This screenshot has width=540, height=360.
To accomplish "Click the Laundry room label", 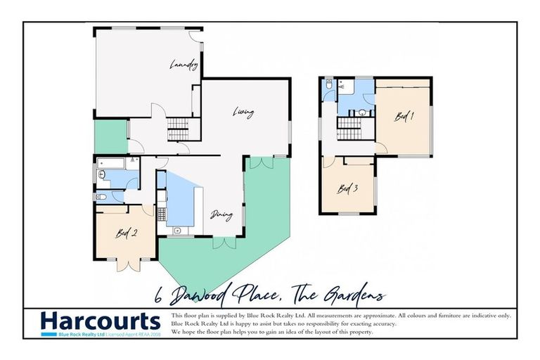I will (x=184, y=65).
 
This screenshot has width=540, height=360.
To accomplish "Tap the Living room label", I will (x=243, y=112).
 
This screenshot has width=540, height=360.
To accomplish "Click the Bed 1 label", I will (x=402, y=117).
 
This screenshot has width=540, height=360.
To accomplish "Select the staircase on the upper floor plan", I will (x=347, y=127).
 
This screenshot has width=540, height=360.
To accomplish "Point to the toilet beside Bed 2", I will (x=101, y=197).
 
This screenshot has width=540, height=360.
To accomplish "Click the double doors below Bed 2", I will (x=127, y=266).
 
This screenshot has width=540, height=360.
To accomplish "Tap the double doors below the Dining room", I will (x=224, y=243).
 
